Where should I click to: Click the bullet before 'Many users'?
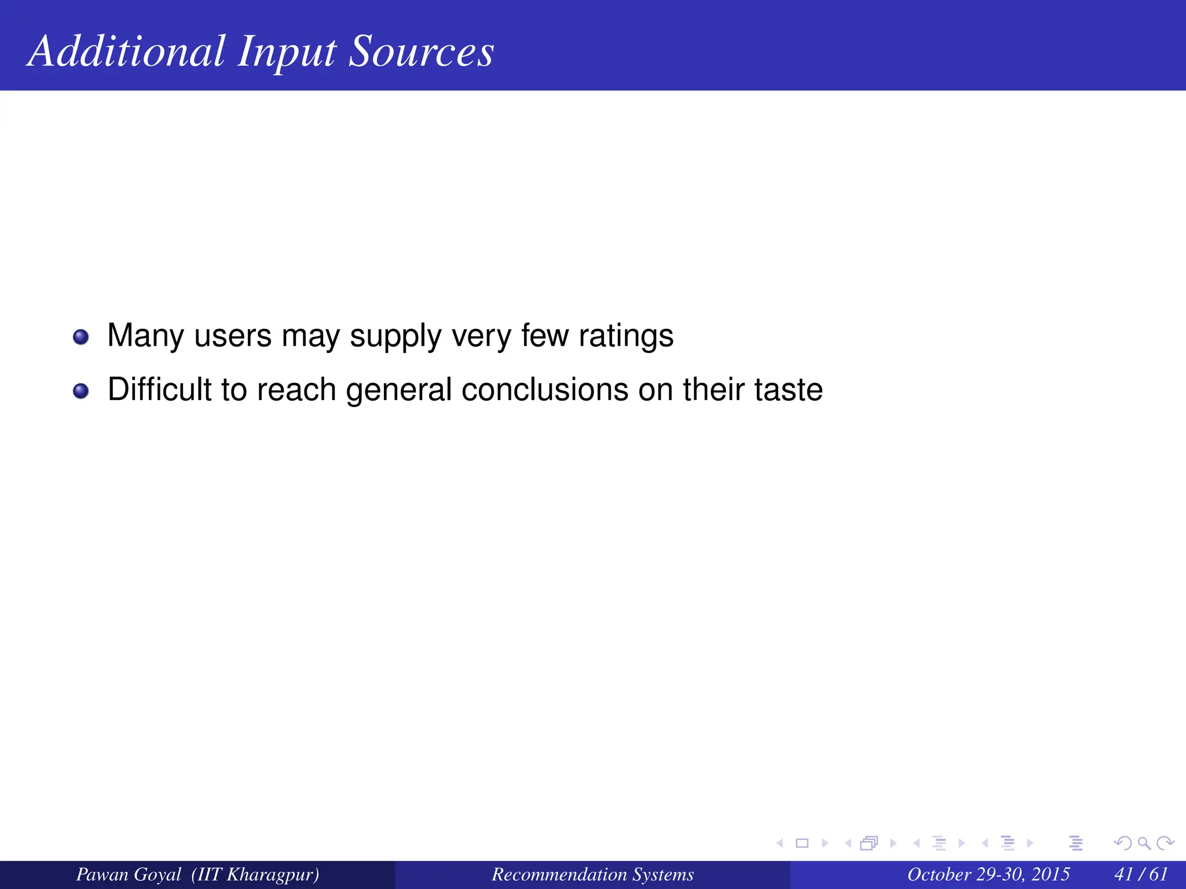(x=81, y=337)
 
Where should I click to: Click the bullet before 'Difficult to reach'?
(x=81, y=391)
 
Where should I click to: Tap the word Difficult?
(x=159, y=389)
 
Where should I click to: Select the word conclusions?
(x=544, y=389)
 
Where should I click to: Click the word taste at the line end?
(x=788, y=389)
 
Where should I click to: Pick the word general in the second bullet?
(x=398, y=390)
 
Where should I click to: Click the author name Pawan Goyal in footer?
(x=129, y=874)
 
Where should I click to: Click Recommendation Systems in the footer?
(x=592, y=874)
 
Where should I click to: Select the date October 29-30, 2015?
(x=988, y=874)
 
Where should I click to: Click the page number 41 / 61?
(x=1140, y=874)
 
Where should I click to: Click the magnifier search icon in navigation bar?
(x=1144, y=843)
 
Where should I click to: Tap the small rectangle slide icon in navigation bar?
(x=802, y=843)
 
